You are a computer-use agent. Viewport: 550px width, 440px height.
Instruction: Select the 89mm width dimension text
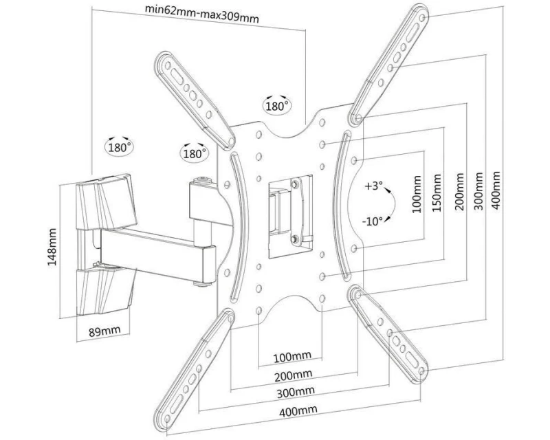coord(104,331)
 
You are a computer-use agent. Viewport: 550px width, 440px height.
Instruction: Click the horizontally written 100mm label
coord(291,357)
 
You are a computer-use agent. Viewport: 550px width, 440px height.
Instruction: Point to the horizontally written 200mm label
coord(291,375)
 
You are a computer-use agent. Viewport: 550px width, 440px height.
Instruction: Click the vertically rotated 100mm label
coord(417,195)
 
